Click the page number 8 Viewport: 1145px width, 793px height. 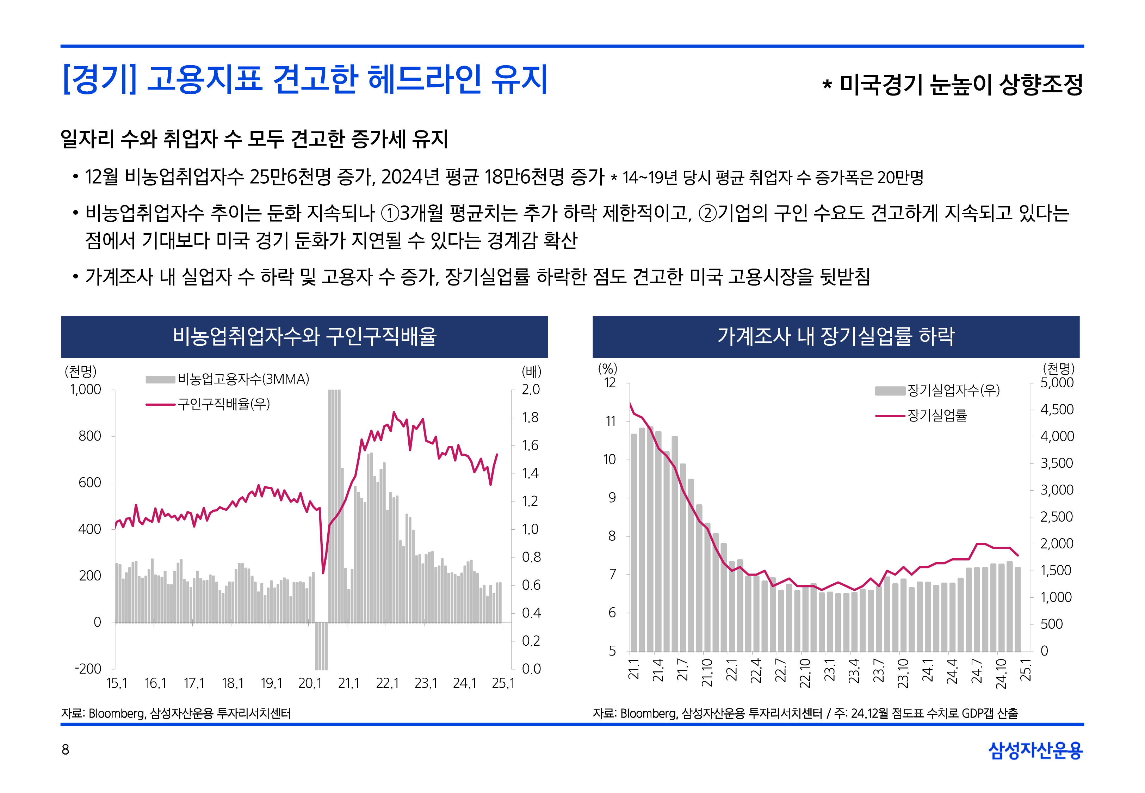coord(65,749)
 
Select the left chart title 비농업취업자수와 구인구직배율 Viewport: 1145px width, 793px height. coord(304,336)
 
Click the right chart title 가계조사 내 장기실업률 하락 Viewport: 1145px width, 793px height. coord(836,336)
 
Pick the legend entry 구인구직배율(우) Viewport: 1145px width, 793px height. coord(223,404)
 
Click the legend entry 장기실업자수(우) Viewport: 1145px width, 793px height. coord(953,391)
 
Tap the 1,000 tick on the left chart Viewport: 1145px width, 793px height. coord(85,389)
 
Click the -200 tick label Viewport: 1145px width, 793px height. coord(88,669)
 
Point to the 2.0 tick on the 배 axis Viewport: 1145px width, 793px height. coord(530,389)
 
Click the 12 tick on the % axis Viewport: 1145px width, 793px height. coord(610,383)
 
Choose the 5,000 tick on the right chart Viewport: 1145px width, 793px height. coord(1057,383)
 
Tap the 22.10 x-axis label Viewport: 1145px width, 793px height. coord(805,673)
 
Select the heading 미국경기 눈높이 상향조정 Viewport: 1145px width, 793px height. coord(960,85)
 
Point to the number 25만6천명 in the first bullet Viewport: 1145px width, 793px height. coord(290,177)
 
